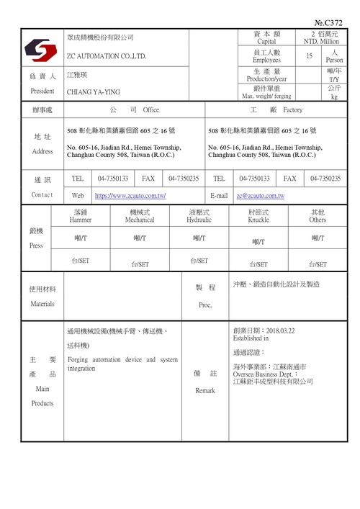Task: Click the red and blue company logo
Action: [41, 50]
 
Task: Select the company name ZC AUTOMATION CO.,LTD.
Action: [106, 55]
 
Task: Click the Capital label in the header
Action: [266, 42]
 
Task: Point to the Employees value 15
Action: [309, 56]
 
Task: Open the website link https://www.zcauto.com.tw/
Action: [130, 196]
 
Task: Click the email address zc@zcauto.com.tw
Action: [260, 196]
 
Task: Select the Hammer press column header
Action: [80, 219]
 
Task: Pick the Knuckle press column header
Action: [258, 219]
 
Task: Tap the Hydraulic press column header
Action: [199, 219]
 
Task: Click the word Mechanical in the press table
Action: [140, 219]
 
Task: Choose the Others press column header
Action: [318, 219]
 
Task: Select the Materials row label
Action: [42, 304]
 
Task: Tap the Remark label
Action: [205, 391]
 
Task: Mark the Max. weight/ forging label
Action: [266, 96]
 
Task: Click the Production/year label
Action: [266, 78]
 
